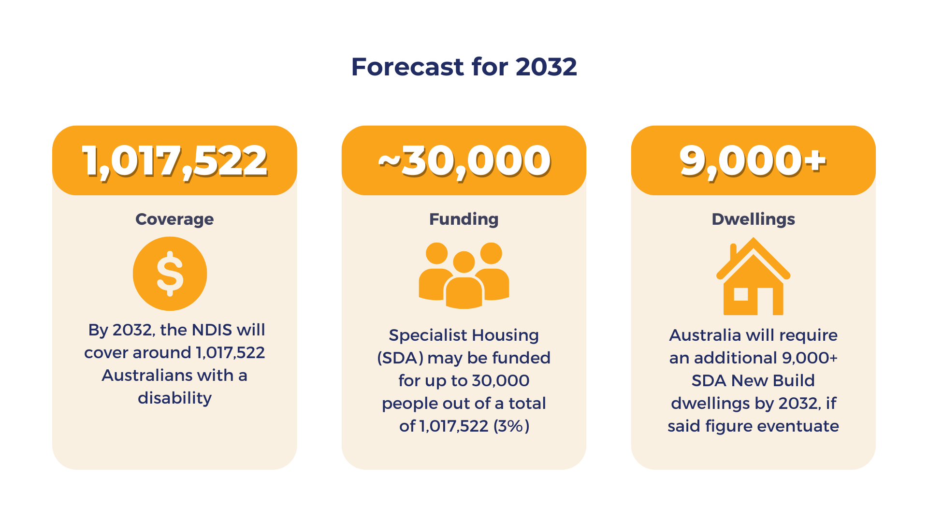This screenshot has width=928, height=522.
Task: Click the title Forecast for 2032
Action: (464, 67)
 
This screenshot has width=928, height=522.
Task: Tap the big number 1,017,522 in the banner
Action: (174, 161)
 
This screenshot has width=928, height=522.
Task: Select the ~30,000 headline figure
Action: (464, 161)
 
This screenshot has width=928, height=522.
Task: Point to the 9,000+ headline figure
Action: (753, 161)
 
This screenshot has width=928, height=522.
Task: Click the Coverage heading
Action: (174, 219)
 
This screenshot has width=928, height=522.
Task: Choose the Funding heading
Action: (464, 219)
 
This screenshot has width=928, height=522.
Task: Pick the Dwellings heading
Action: (753, 219)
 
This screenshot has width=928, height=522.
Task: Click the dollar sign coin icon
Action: (170, 274)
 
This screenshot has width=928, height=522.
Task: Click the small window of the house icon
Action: (740, 294)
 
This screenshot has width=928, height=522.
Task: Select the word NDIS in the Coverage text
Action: (212, 330)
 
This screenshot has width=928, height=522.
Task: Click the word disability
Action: (174, 398)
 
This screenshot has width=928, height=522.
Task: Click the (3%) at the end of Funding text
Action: (511, 426)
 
